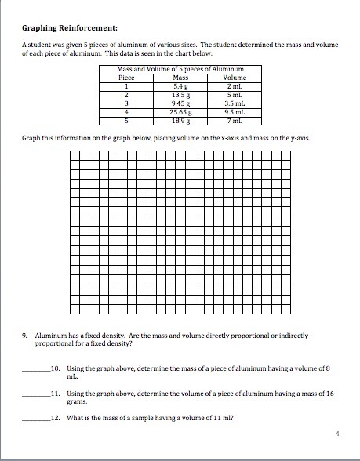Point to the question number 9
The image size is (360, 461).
26,335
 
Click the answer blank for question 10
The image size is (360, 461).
35,368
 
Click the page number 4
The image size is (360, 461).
336,433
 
